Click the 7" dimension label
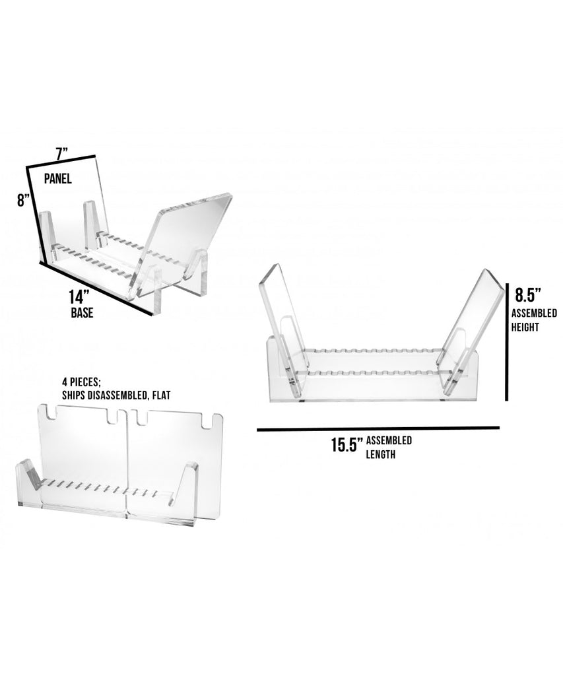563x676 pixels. (62, 153)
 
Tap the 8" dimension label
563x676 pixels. (24, 201)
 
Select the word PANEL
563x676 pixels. (58, 178)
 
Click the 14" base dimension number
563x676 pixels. (79, 297)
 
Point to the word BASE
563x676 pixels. (83, 312)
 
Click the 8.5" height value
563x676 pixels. (528, 295)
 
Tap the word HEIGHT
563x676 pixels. (525, 327)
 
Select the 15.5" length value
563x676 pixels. (345, 445)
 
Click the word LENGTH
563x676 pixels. (381, 454)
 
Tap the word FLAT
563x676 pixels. (161, 395)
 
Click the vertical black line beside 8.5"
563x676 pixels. (508, 342)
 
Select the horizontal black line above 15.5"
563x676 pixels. (378, 429)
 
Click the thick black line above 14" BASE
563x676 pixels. (96, 288)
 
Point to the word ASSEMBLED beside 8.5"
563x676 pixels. (534, 313)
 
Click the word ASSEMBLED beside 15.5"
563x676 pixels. (389, 440)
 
